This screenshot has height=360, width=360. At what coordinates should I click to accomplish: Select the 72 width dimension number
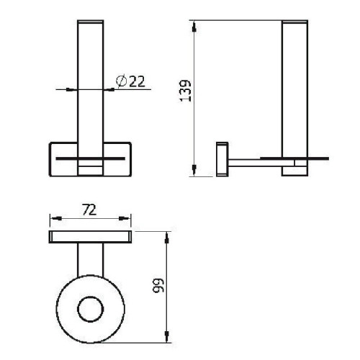(x=91, y=211)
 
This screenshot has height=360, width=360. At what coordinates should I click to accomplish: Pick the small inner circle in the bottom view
(x=91, y=310)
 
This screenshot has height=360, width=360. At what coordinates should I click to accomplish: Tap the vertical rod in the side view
(x=295, y=86)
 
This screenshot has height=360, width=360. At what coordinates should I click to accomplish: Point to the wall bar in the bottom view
(x=91, y=238)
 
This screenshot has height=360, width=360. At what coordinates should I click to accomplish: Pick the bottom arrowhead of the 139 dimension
(x=195, y=172)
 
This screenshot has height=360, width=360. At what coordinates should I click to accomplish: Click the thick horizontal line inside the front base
(x=91, y=156)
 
